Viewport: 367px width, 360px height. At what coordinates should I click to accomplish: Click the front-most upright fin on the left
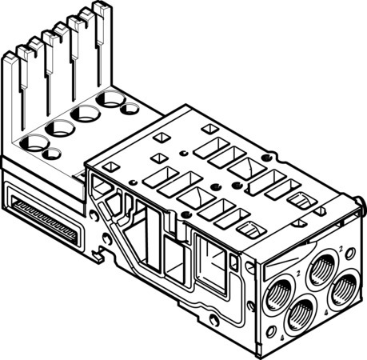point(10,60)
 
